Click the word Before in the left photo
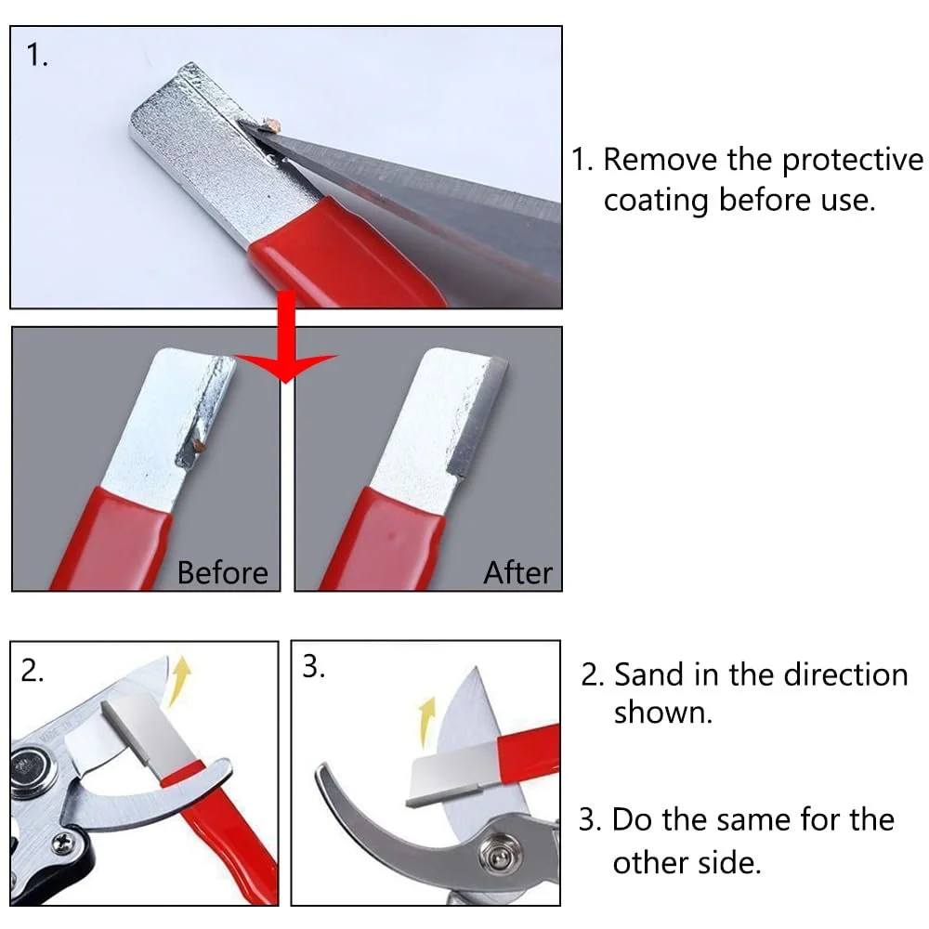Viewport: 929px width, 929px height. (222, 573)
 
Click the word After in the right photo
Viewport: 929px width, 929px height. (517, 573)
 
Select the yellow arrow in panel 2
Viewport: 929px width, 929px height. (179, 680)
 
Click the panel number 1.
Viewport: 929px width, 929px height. (37, 56)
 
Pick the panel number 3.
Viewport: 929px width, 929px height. (313, 666)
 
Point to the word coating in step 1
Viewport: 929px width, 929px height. (656, 202)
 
